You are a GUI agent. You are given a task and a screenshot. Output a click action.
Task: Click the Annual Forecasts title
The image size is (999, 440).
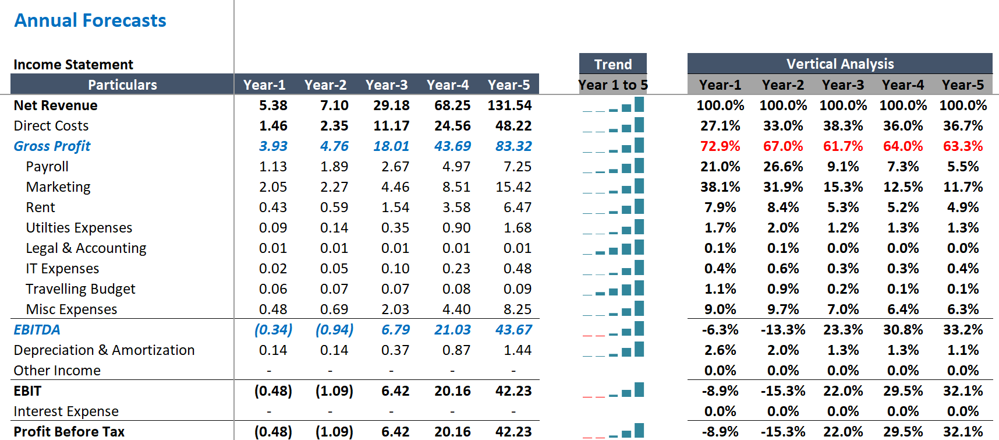[x=90, y=21]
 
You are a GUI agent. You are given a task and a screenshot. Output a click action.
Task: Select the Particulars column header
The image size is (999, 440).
[x=122, y=85]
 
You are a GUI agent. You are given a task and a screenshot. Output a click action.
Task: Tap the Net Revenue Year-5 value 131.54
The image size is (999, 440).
[x=509, y=105]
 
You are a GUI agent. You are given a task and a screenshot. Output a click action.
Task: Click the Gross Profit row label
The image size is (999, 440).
[x=52, y=146]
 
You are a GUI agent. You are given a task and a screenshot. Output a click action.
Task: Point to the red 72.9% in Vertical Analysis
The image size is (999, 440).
[x=720, y=146]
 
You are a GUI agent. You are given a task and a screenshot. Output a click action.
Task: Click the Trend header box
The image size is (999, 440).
[x=612, y=64]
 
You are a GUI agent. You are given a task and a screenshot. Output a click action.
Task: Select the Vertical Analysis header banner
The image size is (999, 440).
[x=839, y=64]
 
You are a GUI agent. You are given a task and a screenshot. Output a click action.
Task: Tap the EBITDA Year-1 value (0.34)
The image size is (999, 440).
[x=273, y=330]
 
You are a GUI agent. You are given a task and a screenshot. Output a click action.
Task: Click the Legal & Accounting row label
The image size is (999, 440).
[x=86, y=248]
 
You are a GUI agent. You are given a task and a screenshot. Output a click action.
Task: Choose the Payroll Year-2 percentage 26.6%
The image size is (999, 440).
[x=782, y=167]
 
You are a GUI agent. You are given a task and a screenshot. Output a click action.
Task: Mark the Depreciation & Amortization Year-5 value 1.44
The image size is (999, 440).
[x=517, y=350]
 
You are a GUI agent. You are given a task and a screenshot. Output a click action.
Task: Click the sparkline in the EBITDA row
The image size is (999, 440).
[x=613, y=330]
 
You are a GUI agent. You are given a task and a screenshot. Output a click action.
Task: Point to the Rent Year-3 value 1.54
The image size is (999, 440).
[x=395, y=207]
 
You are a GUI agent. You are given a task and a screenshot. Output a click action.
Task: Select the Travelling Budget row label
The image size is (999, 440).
[x=80, y=289]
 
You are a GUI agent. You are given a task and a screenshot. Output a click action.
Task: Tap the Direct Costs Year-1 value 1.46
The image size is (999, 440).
[x=273, y=126]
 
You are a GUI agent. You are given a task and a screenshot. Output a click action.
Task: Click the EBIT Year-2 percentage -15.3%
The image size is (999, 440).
[x=782, y=391]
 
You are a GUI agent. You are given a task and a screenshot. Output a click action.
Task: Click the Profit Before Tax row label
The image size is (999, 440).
[x=69, y=432]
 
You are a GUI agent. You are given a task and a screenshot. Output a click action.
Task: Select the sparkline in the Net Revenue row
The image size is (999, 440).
[x=613, y=106]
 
